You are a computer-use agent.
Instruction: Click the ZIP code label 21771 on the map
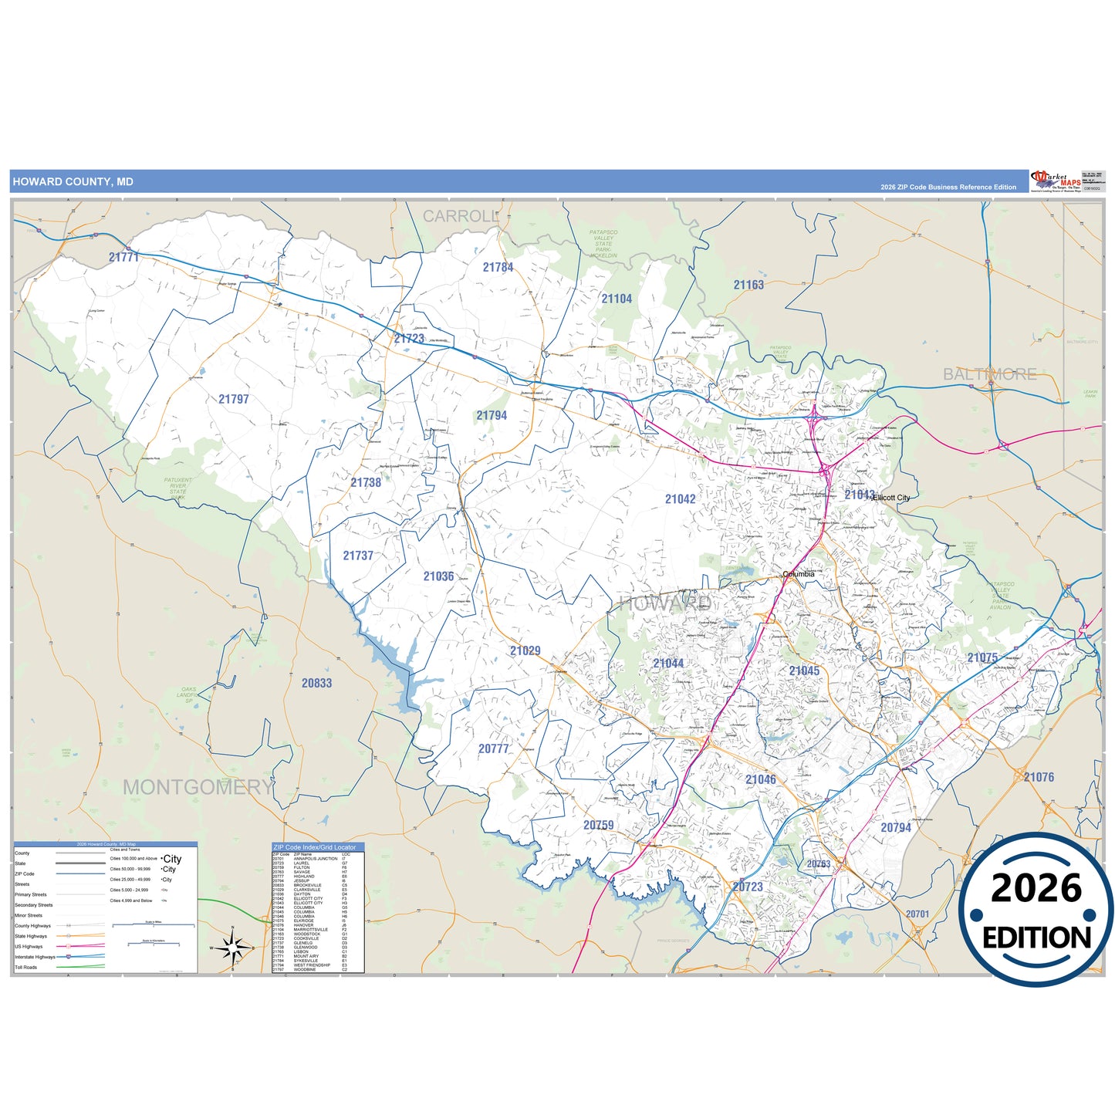click(123, 257)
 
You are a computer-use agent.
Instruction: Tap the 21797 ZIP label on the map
click(233, 399)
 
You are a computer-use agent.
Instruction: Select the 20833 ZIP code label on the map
click(316, 683)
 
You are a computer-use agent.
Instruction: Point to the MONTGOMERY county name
click(198, 787)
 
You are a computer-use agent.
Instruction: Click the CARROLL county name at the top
click(461, 217)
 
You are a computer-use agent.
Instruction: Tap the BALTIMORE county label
click(990, 374)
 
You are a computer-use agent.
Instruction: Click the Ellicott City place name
click(891, 498)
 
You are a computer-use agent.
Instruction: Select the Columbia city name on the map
click(799, 574)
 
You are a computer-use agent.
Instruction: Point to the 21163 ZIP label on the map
click(748, 285)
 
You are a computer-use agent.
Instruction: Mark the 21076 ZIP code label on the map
click(1039, 777)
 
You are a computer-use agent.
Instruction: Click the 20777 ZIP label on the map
click(494, 748)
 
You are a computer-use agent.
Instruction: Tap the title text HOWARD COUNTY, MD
click(73, 182)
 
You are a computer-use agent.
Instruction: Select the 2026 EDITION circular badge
click(1036, 911)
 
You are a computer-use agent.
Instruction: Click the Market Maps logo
click(1056, 181)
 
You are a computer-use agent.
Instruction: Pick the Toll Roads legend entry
click(26, 967)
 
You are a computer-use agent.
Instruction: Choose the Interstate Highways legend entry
click(35, 957)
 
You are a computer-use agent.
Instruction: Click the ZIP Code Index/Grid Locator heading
click(315, 847)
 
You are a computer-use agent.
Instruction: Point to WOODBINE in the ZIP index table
click(305, 970)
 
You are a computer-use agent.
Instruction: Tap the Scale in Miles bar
click(153, 924)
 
